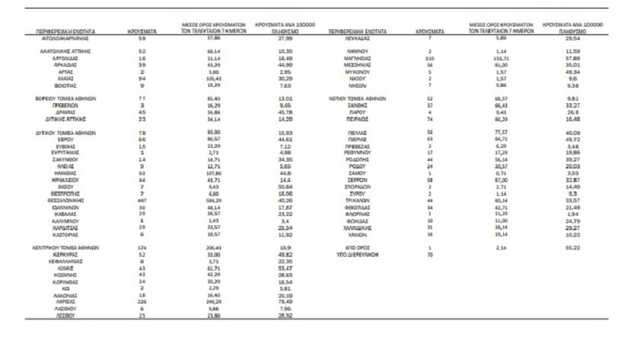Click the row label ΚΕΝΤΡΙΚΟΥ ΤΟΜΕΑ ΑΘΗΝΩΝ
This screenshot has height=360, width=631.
pyautogui.click(x=79, y=247)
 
